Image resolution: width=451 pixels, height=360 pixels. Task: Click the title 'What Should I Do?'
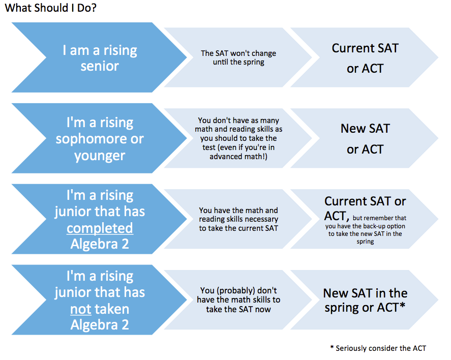[x=51, y=8]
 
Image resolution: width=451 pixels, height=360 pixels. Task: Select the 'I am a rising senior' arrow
[x=99, y=57]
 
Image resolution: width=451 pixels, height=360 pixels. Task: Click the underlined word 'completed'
[x=100, y=228]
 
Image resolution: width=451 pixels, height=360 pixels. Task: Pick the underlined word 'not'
[x=80, y=309]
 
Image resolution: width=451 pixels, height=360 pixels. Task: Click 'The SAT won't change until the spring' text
[x=238, y=57]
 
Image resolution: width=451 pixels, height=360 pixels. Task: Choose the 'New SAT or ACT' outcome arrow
[x=365, y=138]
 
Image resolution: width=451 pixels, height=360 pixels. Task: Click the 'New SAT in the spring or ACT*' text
[x=365, y=300]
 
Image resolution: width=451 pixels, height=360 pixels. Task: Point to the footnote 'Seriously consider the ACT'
[x=381, y=348]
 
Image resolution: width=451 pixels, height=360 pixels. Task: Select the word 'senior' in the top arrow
[x=100, y=67]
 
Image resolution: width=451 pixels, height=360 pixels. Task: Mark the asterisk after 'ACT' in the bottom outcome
[x=402, y=306]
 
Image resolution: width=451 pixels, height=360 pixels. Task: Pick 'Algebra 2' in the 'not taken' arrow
[x=100, y=325]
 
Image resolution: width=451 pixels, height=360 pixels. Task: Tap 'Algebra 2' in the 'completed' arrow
[x=100, y=244]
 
